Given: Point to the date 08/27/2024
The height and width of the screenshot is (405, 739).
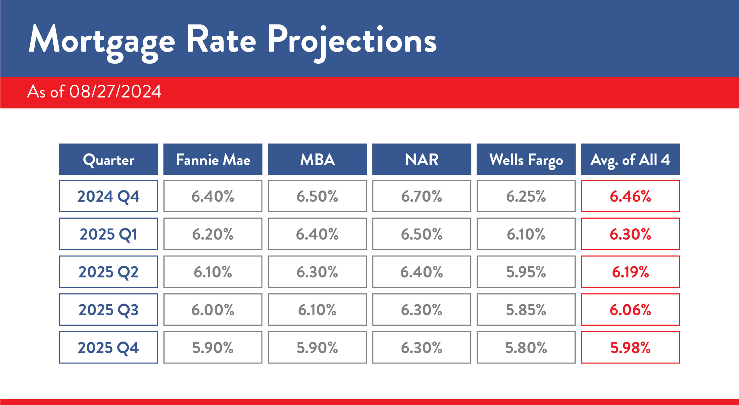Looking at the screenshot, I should coord(115,92).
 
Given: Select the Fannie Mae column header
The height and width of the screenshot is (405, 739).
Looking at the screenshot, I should coord(213,160).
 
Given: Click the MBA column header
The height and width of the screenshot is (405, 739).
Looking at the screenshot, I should coord(317,160).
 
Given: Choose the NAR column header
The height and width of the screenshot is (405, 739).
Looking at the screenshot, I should coord(421,160).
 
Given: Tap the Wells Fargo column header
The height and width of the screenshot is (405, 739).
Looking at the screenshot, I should coord(526,160).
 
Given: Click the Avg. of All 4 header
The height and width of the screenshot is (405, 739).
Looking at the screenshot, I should coord(630,160).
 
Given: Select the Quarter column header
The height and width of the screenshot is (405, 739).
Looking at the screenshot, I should coord(109,160).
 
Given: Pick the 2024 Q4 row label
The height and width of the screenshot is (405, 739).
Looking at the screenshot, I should coord(109,196).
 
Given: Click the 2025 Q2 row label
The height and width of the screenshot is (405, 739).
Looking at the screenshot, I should coord(109,272).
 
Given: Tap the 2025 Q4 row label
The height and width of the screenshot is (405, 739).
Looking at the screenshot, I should coord(109,347).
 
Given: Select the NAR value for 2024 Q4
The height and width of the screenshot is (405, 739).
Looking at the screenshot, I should coord(421,196).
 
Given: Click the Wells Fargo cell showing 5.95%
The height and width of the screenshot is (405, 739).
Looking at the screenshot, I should coord(526,272).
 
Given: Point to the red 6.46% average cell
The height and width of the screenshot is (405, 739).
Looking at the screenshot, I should coord(630,196).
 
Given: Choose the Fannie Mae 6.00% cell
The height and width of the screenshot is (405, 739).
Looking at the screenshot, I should coord(213,310).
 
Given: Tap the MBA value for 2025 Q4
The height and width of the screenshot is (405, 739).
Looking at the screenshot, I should coord(317,347).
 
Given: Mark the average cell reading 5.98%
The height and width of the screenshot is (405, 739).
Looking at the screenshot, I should coord(630,347).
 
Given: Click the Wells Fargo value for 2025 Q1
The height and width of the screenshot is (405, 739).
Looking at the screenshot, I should coord(526,234).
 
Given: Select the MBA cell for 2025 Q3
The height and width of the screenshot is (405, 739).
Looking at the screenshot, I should coord(317,310).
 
